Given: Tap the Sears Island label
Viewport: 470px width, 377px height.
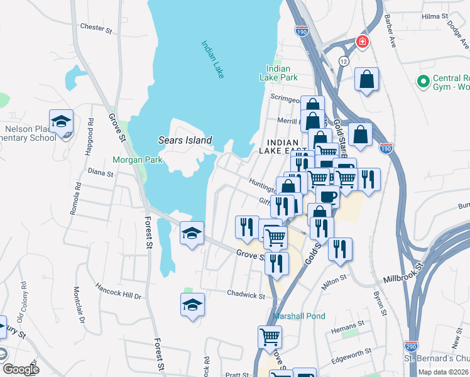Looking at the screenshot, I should click(185, 140).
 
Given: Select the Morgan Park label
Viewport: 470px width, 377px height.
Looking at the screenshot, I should click(137, 160).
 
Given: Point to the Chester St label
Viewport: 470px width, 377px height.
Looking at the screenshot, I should click(96, 27).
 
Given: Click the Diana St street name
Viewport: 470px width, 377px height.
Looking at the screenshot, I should click(100, 171).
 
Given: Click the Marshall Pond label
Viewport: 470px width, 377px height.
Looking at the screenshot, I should click(299, 315).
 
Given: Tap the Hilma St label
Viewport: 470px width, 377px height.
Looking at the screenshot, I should click(435, 15).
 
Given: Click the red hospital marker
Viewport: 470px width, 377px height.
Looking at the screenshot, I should click(362, 42).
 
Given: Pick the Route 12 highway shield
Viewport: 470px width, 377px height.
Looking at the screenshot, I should click(343, 61).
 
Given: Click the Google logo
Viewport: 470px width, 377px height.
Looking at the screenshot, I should click(21, 369).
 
